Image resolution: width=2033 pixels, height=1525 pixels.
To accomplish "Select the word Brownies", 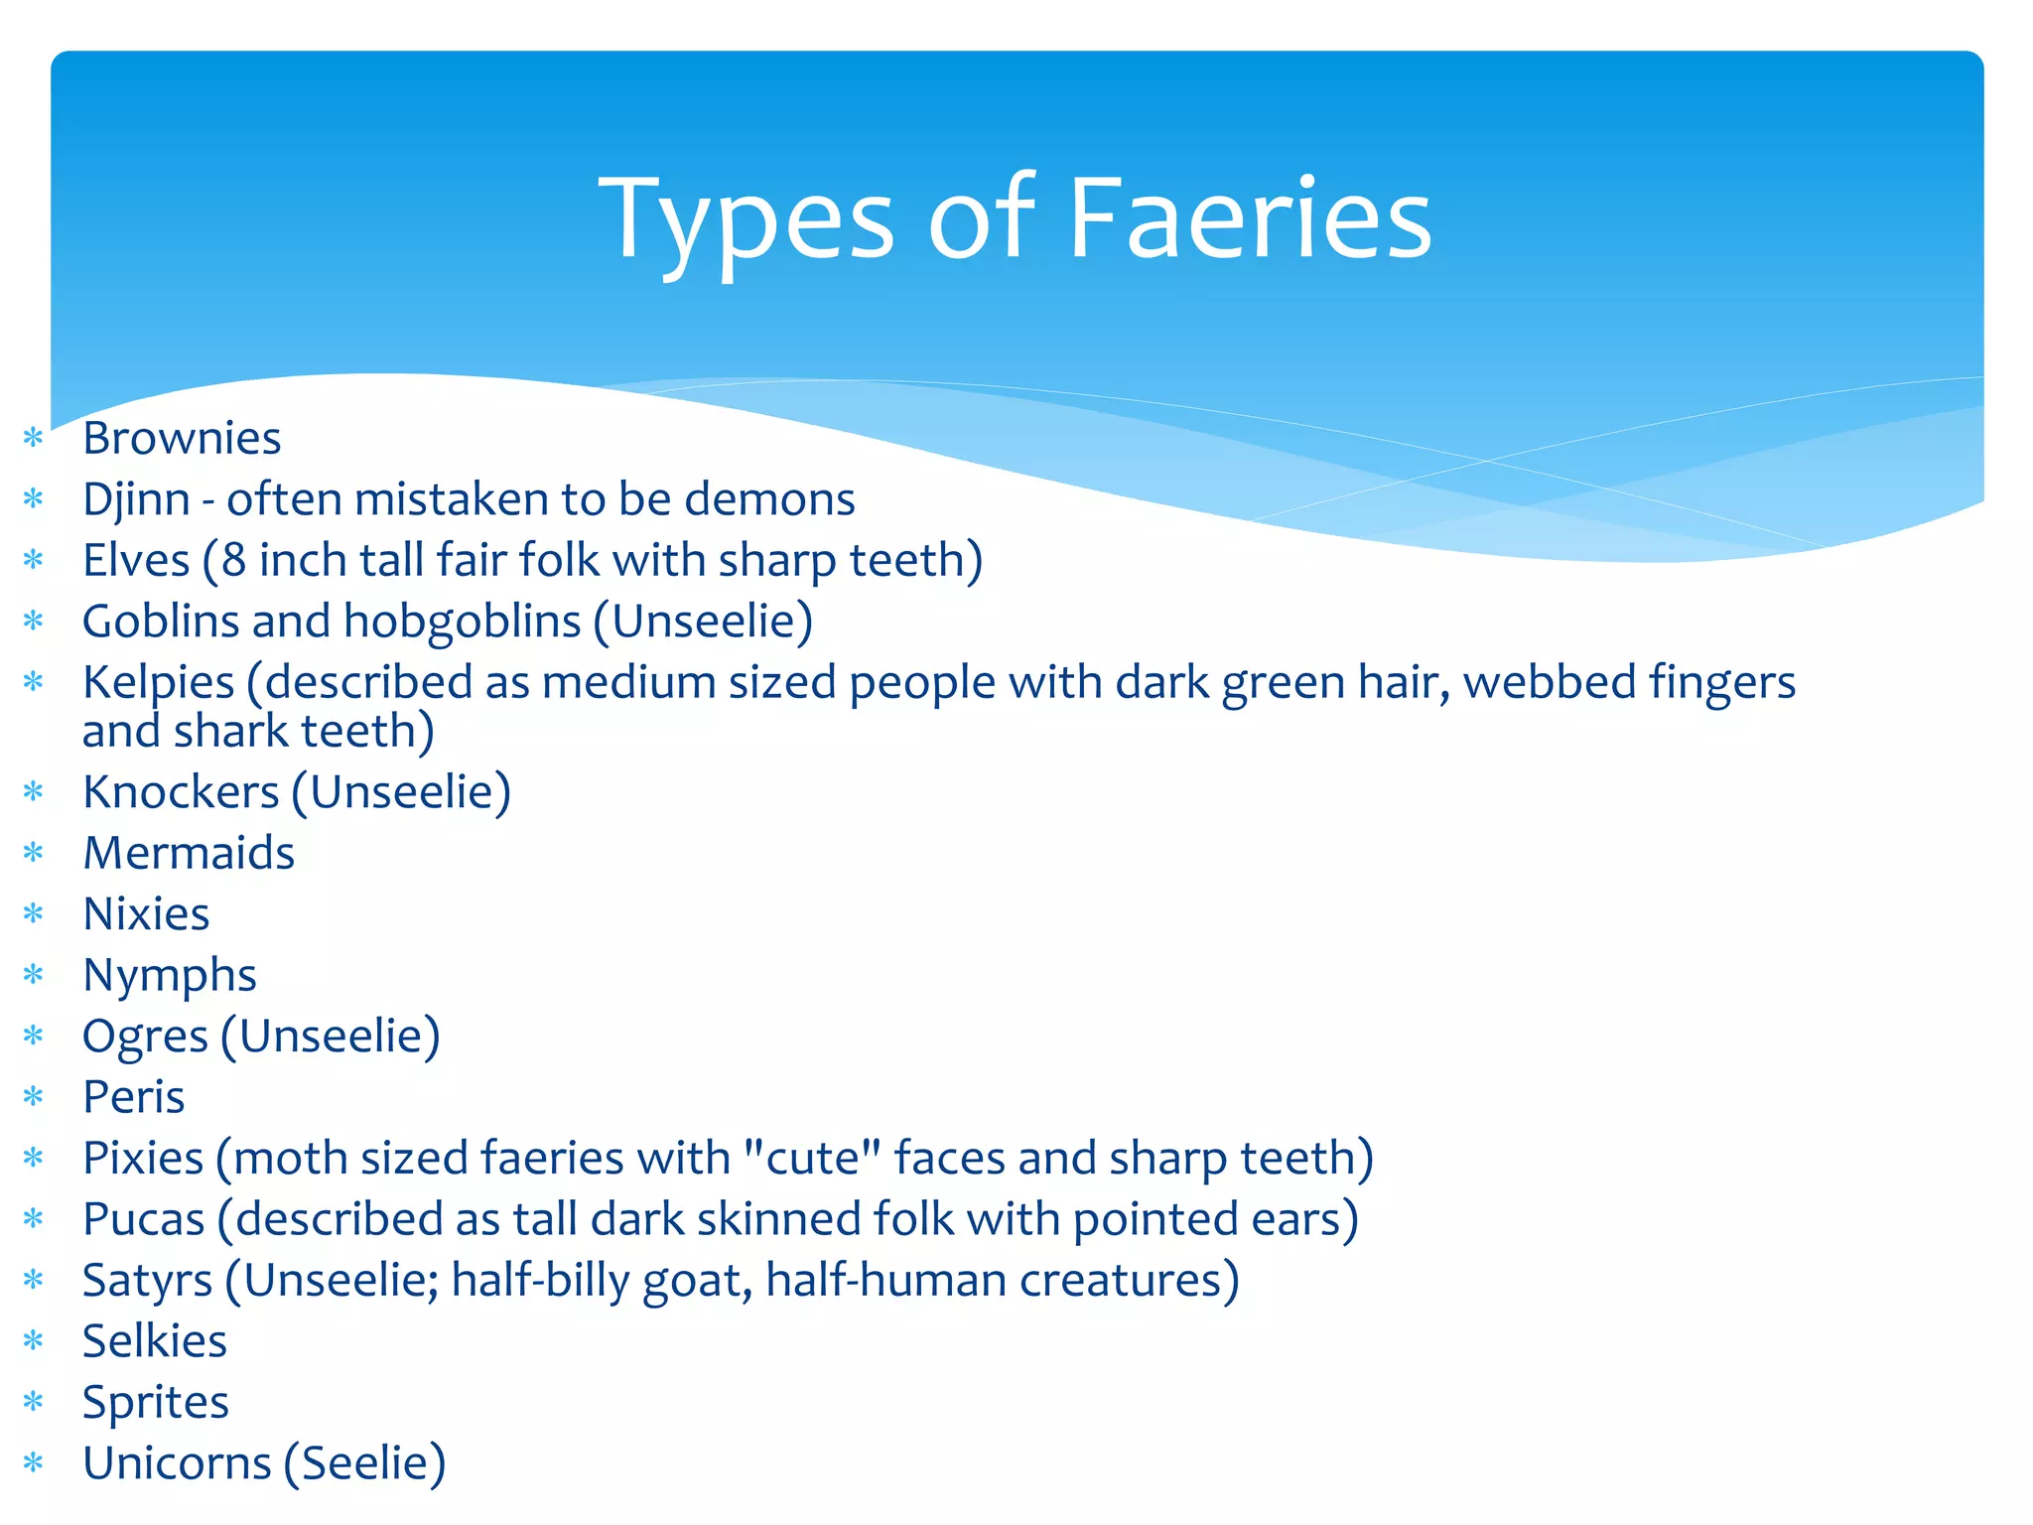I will (182, 439).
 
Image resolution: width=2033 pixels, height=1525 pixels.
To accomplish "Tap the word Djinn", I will (136, 499).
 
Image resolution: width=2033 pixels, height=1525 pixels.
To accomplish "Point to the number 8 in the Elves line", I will (233, 561).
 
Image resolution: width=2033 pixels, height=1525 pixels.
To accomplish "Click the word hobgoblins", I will (462, 623).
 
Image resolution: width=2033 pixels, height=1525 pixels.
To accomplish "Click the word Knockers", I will (181, 793).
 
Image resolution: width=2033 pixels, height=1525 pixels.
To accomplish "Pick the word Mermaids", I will (189, 854).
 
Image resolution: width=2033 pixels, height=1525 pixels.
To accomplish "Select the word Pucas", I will (144, 1220).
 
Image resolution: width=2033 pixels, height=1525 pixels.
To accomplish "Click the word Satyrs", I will (147, 1282).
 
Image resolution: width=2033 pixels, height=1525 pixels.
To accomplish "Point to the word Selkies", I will (155, 1341).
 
